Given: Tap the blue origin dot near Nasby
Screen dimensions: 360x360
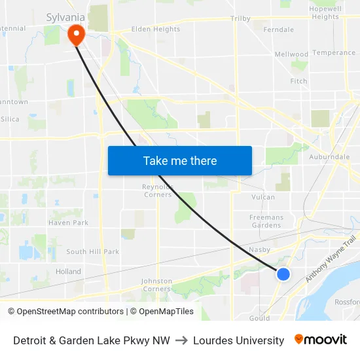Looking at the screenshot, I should [x=283, y=274].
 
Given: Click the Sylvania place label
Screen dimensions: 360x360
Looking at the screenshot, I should [x=65, y=17].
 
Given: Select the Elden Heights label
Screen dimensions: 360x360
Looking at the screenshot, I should [x=156, y=29].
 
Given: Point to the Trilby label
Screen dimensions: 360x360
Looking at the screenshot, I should [x=240, y=19].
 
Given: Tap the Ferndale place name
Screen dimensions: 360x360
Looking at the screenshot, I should [x=278, y=30].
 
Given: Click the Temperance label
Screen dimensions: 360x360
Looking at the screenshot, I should [x=334, y=53].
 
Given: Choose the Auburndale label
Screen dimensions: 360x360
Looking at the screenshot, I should [x=329, y=157].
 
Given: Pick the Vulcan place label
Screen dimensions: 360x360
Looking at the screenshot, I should [x=262, y=196].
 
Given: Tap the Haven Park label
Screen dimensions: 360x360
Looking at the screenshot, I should [x=68, y=223].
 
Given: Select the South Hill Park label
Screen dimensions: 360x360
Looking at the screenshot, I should [x=92, y=251].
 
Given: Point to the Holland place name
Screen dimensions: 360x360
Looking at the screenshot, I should [x=68, y=272].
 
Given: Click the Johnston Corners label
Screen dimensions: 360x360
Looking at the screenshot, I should [x=156, y=285].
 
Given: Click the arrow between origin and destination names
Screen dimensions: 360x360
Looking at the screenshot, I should [x=181, y=340].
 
